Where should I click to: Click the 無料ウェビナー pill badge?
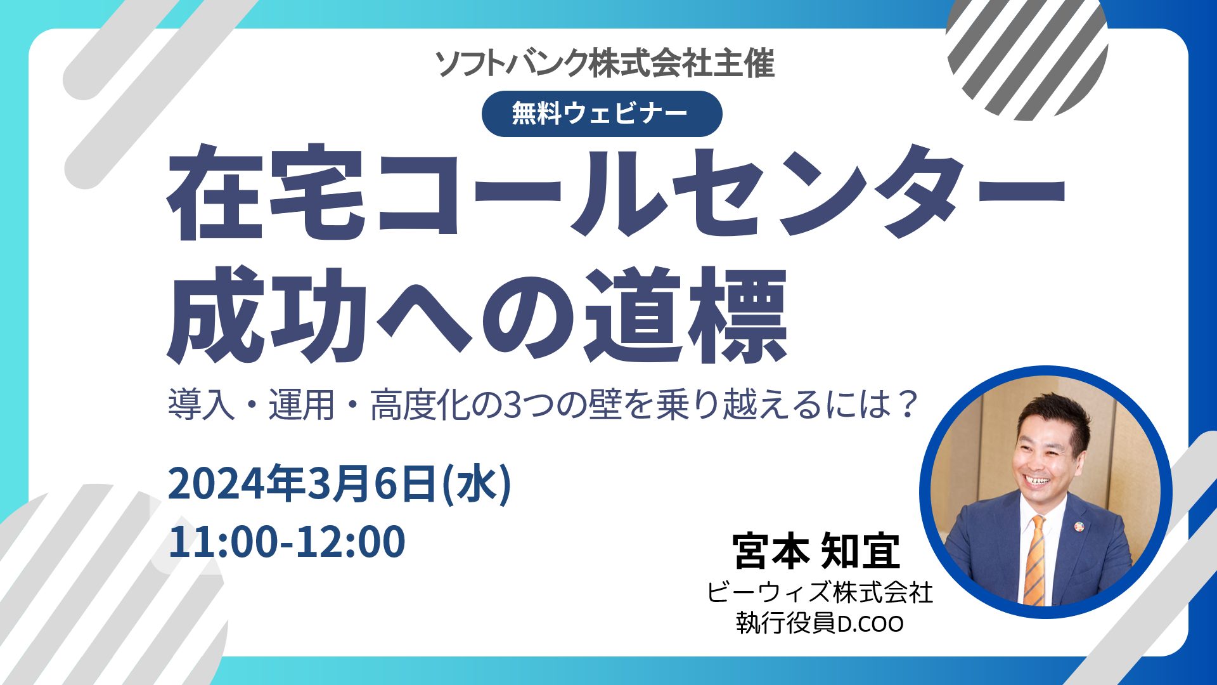tap(602, 114)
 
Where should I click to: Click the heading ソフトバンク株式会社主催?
tap(605, 64)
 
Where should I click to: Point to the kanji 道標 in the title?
tap(685, 315)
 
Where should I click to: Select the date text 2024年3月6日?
tap(302, 484)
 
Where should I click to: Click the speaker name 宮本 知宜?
tap(816, 551)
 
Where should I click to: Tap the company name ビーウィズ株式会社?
tap(820, 593)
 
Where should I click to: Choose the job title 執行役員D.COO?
tap(820, 623)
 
